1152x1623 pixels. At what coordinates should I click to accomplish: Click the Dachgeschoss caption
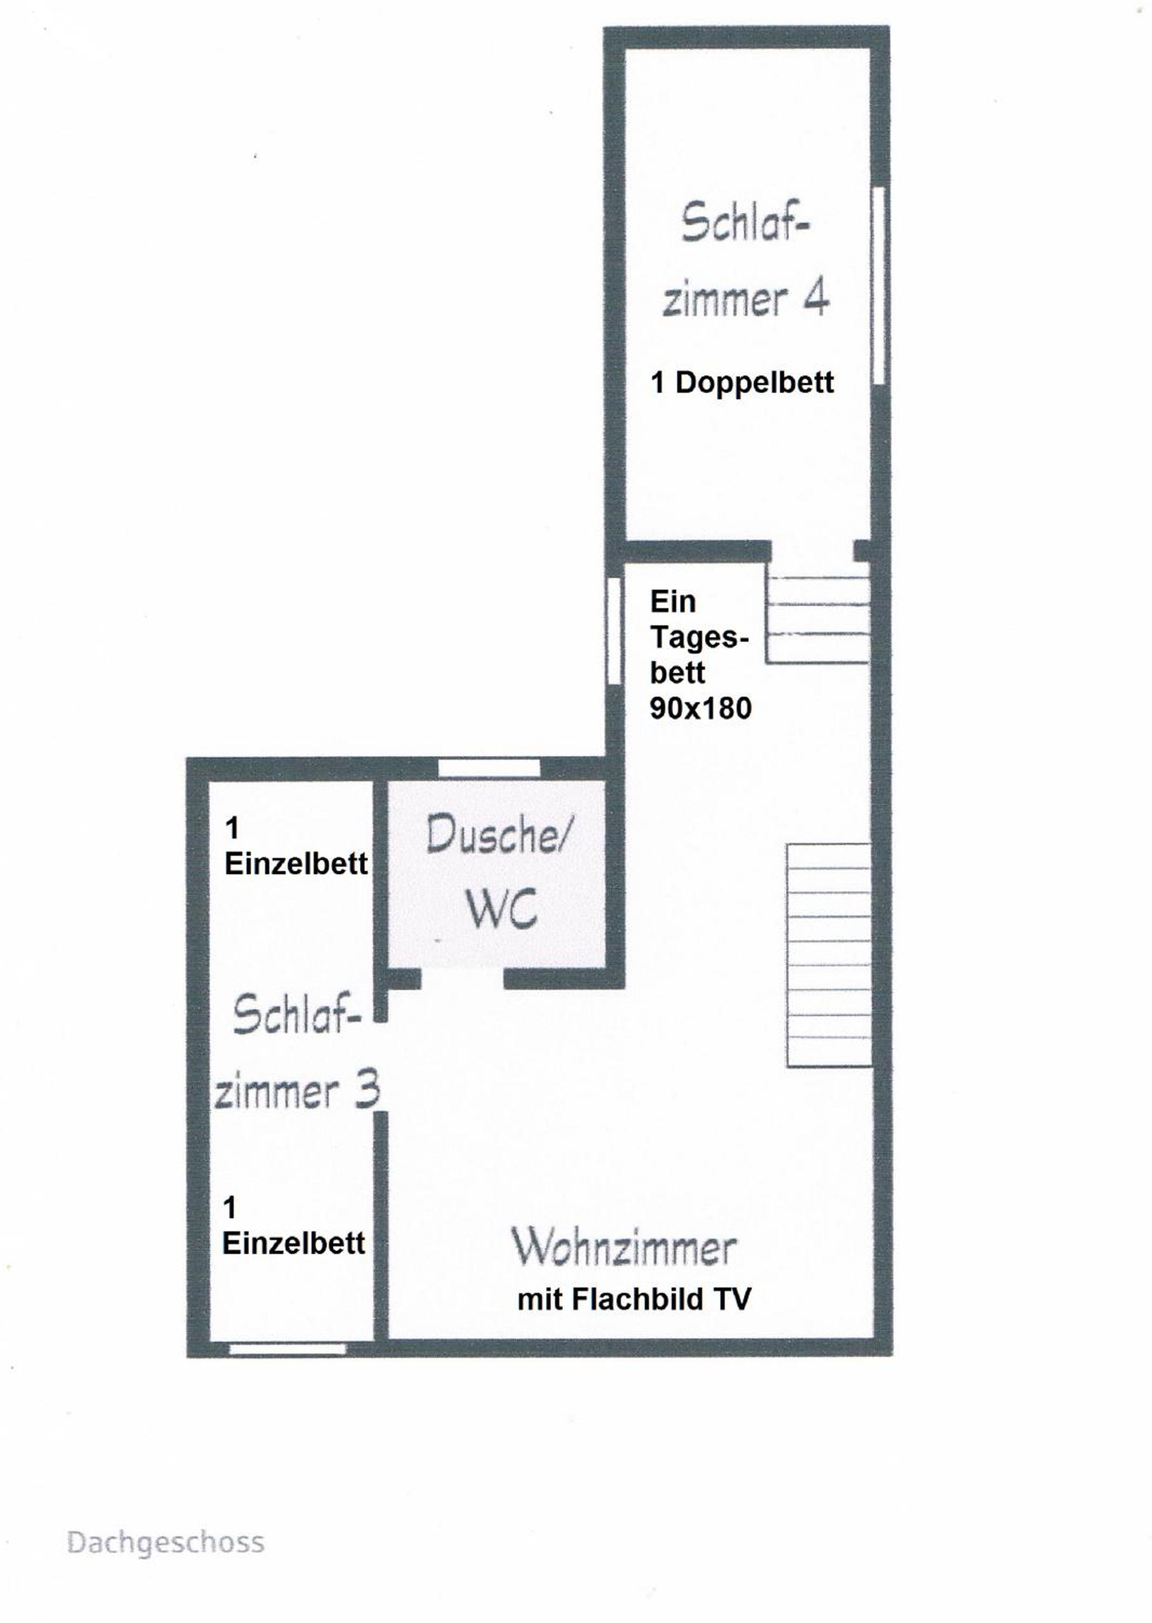165,1543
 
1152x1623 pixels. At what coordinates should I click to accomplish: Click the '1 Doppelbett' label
742,382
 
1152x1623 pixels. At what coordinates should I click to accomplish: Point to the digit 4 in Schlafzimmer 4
816,298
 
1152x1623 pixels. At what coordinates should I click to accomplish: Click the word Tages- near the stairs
699,638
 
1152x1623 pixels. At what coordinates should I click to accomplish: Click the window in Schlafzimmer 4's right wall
879,285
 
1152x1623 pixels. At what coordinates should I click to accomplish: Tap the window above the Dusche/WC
489,768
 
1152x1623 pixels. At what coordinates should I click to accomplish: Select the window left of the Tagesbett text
614,630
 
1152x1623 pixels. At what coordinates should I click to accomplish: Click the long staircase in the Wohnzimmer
828,955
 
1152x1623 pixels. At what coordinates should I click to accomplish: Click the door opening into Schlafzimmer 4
812,550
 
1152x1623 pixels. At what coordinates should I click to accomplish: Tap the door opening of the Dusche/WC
462,979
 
